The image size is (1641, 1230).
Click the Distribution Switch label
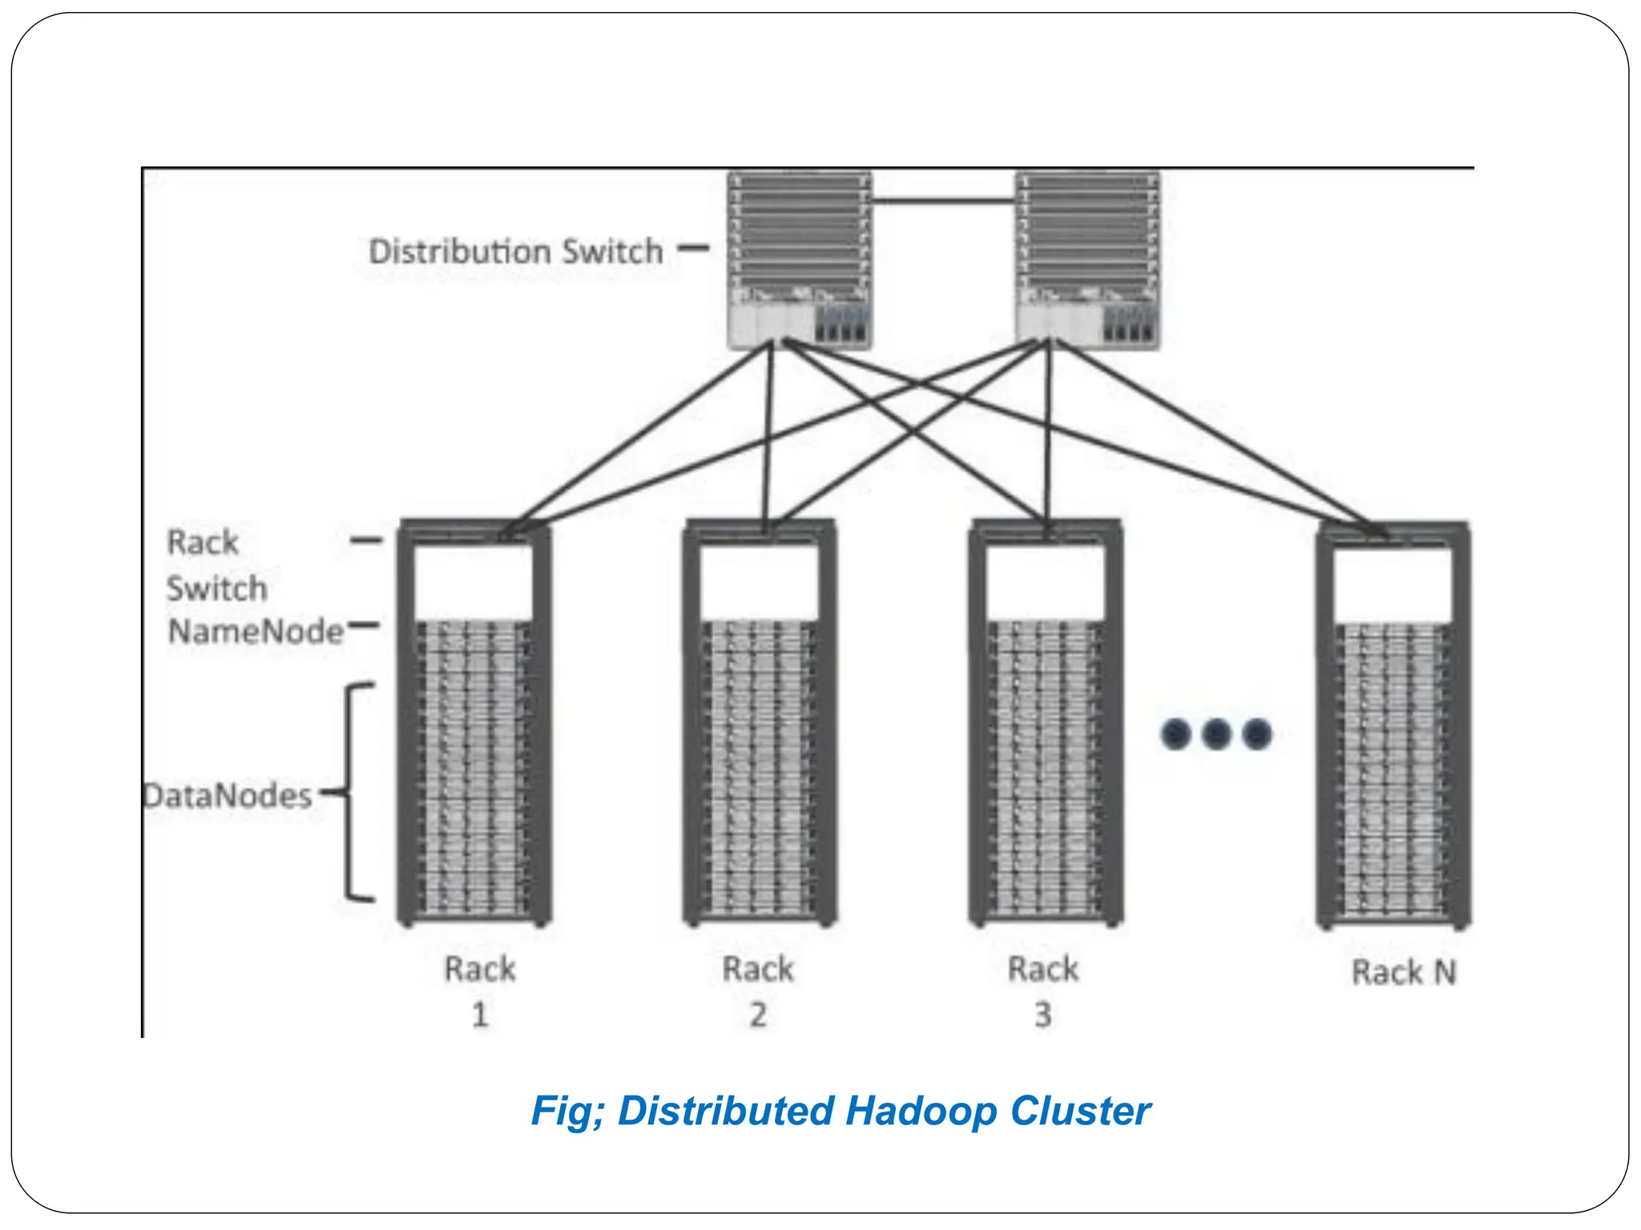tap(515, 251)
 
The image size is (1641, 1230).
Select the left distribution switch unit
tap(799, 260)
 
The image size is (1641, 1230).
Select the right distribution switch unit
tap(1087, 260)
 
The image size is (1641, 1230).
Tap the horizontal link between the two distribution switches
tap(943, 200)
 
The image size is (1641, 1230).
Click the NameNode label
tap(256, 632)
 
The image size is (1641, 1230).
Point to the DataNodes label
tap(228, 796)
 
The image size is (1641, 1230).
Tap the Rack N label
tap(1404, 972)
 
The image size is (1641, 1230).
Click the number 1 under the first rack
tap(480, 1015)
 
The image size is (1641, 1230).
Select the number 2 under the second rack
tap(758, 1015)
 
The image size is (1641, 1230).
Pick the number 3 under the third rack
tap(1042, 1015)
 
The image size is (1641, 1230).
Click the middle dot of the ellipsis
tap(1216, 734)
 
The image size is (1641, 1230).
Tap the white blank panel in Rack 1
tap(474, 582)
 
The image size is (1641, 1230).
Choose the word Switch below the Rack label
tap(216, 589)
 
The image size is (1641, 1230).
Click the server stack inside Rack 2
tap(759, 769)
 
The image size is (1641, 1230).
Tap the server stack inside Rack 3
tap(1044, 769)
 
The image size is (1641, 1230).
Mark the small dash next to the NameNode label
tap(363, 625)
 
